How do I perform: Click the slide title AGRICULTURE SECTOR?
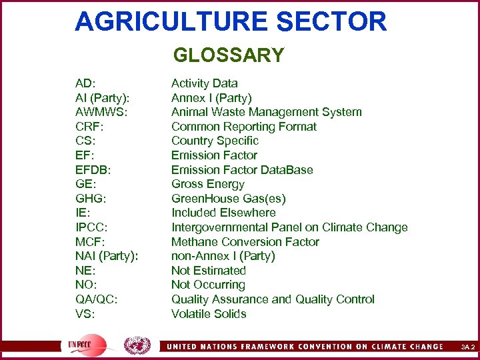(x=231, y=21)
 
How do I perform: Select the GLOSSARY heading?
(x=229, y=55)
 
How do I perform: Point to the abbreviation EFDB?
(x=93, y=169)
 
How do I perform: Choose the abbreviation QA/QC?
(x=97, y=299)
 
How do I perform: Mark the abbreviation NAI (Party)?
(x=107, y=256)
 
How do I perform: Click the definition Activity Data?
(x=204, y=83)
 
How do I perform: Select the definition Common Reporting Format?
(x=244, y=127)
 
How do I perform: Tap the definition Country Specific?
(x=215, y=141)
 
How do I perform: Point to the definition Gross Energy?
(x=208, y=184)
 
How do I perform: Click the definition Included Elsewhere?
(x=223, y=213)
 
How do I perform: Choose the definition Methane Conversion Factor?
(x=245, y=242)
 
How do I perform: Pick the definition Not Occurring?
(x=209, y=285)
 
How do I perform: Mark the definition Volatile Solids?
(x=209, y=314)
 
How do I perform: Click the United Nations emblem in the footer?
(x=137, y=346)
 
